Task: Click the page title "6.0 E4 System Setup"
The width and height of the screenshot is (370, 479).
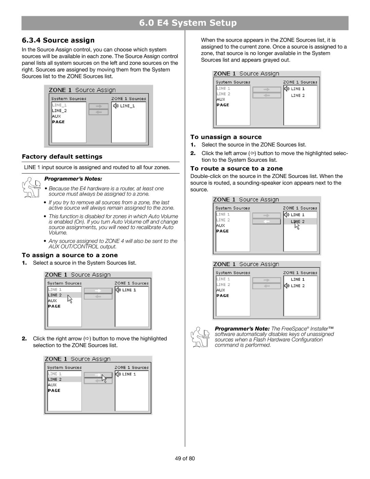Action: click(188, 23)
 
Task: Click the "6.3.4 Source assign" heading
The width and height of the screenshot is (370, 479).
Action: click(58, 40)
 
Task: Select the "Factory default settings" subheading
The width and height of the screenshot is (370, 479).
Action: click(62, 157)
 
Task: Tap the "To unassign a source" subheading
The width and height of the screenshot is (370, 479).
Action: click(226, 137)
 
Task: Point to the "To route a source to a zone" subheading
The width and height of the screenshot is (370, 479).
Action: click(236, 169)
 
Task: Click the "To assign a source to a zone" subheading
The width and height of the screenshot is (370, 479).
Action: click(70, 255)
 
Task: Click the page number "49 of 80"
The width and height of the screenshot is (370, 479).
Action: click(185, 459)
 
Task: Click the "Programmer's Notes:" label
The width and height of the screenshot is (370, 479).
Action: click(73, 179)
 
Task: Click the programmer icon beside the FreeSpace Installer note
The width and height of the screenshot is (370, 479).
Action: click(200, 337)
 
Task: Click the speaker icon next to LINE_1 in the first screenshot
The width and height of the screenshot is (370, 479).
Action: click(116, 106)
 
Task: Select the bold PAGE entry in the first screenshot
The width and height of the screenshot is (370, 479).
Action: click(58, 122)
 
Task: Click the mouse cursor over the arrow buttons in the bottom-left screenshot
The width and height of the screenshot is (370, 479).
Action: click(104, 379)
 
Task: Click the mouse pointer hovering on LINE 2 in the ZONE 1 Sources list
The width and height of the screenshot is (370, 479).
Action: click(296, 225)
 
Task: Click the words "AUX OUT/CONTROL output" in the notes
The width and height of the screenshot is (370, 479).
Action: click(82, 247)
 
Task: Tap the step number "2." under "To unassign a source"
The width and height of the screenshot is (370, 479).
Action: click(193, 153)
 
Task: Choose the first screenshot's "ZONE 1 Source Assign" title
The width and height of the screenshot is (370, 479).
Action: click(82, 90)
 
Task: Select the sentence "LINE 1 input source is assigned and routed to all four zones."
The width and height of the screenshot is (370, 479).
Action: click(97, 167)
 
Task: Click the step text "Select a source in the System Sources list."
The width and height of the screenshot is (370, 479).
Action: click(85, 263)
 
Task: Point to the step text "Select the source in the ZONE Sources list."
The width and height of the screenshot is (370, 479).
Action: click(254, 145)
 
